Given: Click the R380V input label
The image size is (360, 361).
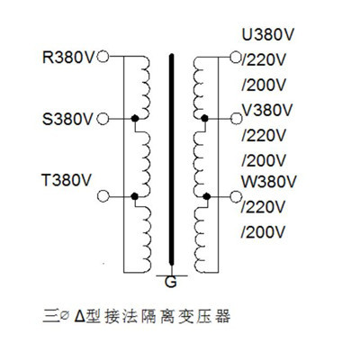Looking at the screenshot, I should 67,58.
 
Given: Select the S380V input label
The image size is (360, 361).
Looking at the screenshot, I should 67,118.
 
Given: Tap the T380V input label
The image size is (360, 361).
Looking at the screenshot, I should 67,178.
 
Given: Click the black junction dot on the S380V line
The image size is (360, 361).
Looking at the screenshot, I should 134,118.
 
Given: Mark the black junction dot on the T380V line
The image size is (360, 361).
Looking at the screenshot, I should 134,194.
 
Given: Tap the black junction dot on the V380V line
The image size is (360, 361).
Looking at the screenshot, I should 206,118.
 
